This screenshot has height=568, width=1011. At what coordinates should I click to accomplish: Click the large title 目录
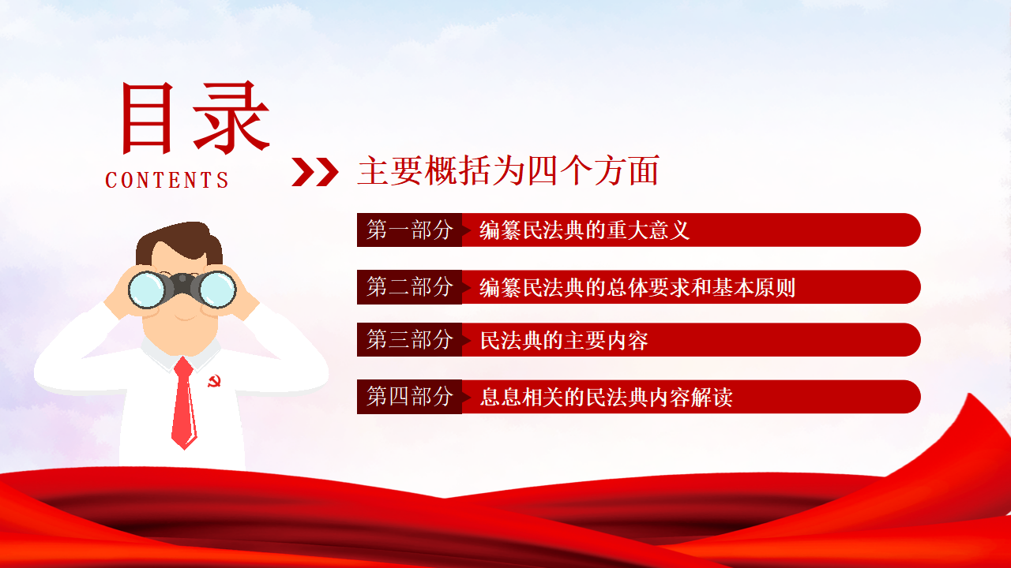point(195,118)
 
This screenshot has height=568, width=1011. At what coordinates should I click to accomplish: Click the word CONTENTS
point(167,180)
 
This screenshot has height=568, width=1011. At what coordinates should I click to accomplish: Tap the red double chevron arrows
point(314,172)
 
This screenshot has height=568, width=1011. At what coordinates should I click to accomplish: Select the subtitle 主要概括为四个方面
point(509,170)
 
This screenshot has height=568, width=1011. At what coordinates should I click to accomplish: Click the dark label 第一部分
point(409,230)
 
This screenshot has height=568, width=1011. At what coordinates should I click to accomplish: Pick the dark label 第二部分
point(409,287)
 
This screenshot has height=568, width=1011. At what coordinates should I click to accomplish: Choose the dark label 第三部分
point(409,339)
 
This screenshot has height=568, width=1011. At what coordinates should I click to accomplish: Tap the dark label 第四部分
point(409,397)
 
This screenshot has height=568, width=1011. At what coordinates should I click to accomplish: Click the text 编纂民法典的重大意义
point(584,230)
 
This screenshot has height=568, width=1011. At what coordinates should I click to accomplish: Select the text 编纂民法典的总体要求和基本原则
point(637,287)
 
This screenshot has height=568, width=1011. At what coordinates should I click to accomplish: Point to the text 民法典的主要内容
point(564,340)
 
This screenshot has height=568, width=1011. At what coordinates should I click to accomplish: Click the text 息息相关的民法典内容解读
point(606,397)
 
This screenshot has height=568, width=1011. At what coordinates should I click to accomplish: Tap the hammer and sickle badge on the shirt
point(214,381)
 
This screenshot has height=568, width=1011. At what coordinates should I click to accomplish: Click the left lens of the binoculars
point(148,290)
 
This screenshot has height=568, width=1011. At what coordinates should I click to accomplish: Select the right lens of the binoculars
point(217,290)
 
